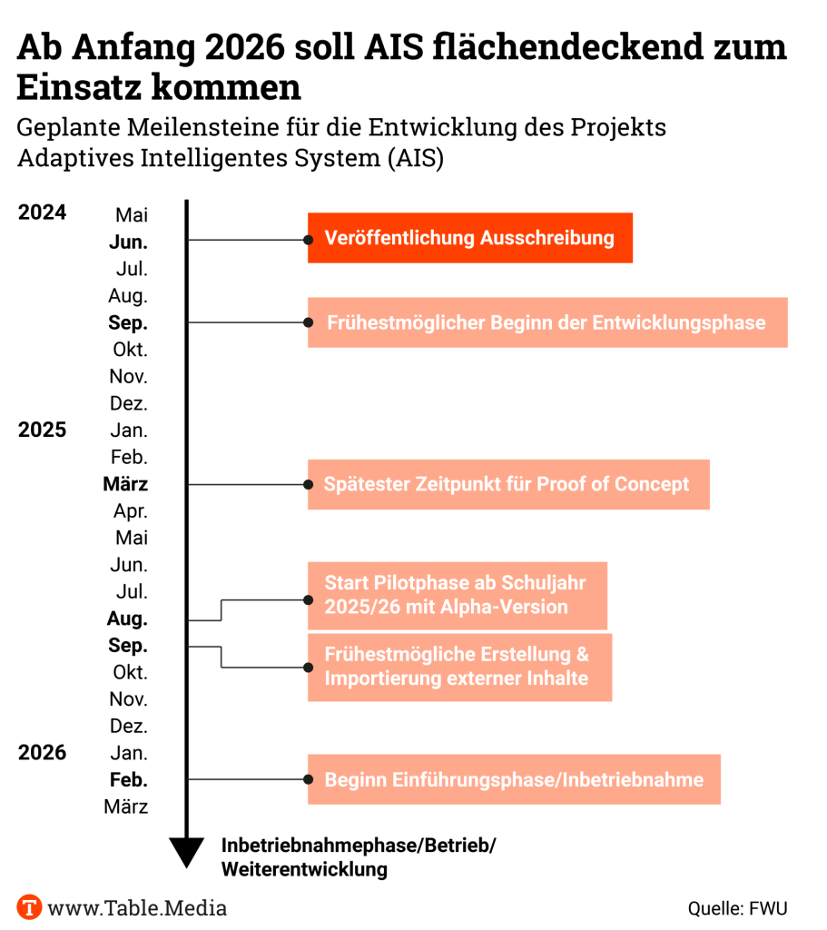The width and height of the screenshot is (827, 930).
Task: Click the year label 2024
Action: (42, 213)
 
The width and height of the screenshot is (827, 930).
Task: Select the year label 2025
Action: (42, 429)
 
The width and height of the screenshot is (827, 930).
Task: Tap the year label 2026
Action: (42, 752)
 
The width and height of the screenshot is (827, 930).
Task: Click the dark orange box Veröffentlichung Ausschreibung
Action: (469, 238)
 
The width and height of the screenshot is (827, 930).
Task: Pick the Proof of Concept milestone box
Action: (507, 484)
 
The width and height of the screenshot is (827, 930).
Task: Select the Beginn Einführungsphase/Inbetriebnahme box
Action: (514, 779)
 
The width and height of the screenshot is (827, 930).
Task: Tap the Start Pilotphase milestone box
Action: (457, 595)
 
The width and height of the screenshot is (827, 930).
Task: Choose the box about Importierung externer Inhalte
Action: (459, 667)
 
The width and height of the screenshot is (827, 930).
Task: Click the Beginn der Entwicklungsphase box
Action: (546, 322)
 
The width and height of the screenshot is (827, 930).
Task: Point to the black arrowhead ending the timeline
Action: (187, 852)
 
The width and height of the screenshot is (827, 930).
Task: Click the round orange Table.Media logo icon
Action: (30, 906)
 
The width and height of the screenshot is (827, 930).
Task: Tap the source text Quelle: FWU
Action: (737, 907)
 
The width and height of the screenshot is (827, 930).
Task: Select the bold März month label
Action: (126, 484)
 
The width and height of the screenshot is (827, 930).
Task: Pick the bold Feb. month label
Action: (129, 779)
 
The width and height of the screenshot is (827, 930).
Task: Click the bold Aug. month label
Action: (128, 618)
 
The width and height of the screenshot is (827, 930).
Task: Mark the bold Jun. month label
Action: (129, 242)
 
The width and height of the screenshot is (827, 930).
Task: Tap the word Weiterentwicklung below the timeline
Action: (305, 869)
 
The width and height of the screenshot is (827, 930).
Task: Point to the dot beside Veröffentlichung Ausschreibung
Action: (308, 240)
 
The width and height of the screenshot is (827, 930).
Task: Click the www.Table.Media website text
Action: (137, 906)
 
